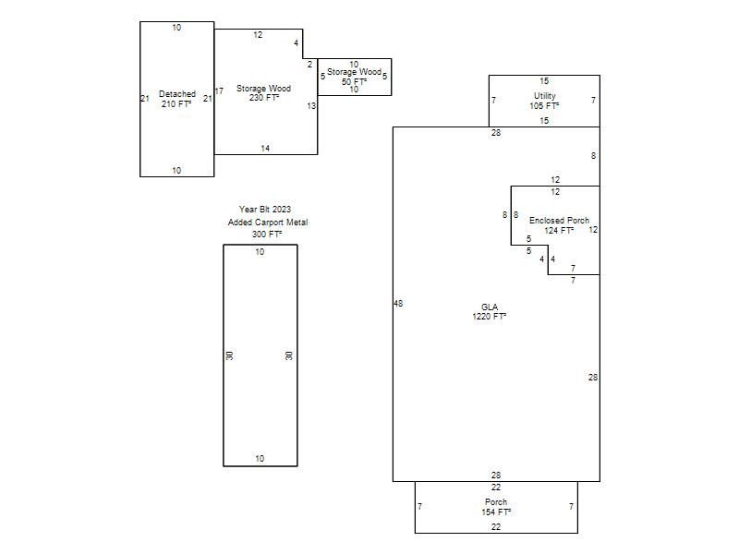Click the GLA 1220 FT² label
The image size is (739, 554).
490,312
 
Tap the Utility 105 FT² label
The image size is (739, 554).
544,101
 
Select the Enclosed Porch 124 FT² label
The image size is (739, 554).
559,225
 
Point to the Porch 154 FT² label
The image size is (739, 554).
496,507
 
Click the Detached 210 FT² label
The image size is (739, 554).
176,99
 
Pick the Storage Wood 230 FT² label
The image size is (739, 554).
263,93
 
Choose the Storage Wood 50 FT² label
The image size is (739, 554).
354,77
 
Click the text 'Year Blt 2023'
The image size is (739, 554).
265,210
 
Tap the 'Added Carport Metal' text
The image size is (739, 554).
268,222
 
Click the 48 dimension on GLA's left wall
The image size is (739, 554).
398,304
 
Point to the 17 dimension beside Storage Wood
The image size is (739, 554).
219,90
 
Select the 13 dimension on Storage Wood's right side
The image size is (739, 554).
311,106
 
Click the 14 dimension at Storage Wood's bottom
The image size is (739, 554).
265,149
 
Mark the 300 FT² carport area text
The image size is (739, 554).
267,235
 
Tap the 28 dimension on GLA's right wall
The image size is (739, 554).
593,378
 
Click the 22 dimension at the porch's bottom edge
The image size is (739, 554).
496,527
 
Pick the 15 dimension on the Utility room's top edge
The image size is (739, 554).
544,81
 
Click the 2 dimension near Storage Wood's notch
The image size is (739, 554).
309,65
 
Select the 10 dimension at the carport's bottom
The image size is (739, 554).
260,458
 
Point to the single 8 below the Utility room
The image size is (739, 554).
593,156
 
